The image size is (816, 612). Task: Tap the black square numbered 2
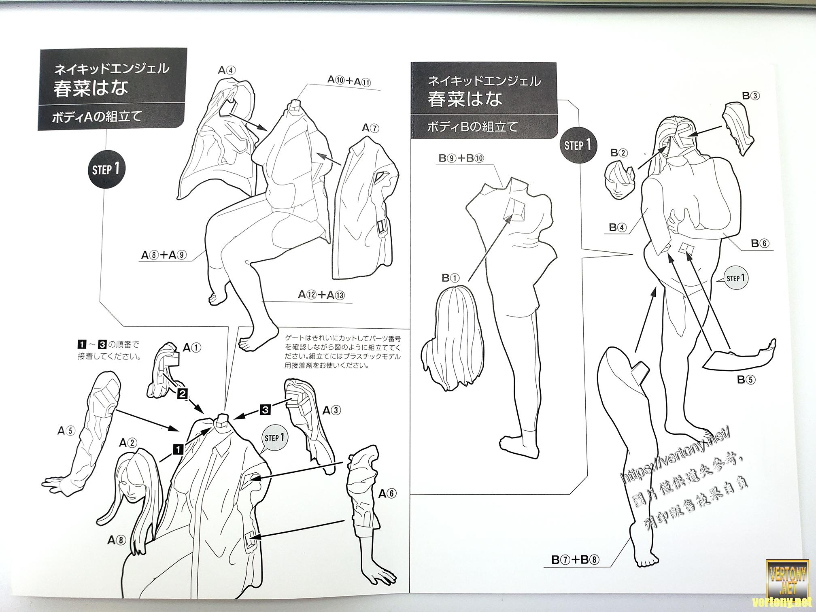tap(182, 393)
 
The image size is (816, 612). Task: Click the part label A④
tap(227, 70)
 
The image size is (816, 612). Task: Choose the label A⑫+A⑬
tap(321, 295)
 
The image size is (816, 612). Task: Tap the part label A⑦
tap(371, 128)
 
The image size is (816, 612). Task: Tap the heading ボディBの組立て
tap(472, 127)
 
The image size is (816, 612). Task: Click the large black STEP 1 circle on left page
tap(106, 169)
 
